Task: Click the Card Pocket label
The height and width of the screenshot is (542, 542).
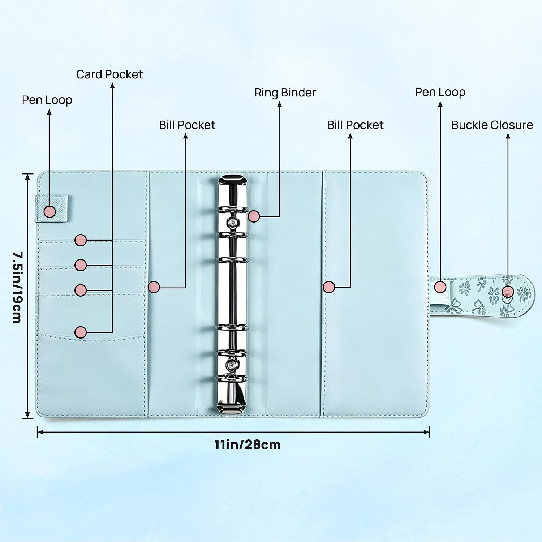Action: pyautogui.click(x=109, y=74)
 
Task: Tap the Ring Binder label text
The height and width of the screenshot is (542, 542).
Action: pyautogui.click(x=285, y=93)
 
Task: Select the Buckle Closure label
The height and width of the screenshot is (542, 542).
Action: pyautogui.click(x=492, y=125)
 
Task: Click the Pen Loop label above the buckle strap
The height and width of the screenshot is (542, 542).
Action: pyautogui.click(x=440, y=93)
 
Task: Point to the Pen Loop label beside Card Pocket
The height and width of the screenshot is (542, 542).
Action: pyautogui.click(x=47, y=100)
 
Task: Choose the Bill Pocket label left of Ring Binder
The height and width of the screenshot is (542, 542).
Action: pyautogui.click(x=187, y=125)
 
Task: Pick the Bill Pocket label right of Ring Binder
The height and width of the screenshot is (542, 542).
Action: pyautogui.click(x=355, y=125)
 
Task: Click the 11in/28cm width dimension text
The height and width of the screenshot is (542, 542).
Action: pyautogui.click(x=247, y=444)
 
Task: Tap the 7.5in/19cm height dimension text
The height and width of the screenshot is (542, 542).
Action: pyautogui.click(x=17, y=287)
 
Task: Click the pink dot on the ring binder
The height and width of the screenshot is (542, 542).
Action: pyautogui.click(x=254, y=216)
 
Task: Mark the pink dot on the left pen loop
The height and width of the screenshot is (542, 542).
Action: pyautogui.click(x=50, y=211)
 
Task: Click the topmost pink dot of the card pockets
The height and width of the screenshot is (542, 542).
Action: pyautogui.click(x=81, y=240)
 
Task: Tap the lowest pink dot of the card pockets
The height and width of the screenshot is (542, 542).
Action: pyautogui.click(x=81, y=332)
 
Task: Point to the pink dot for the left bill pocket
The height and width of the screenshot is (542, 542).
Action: pyautogui.click(x=154, y=287)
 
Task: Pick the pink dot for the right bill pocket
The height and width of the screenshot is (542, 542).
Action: pyautogui.click(x=329, y=287)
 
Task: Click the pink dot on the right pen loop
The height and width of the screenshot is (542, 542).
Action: pyautogui.click(x=440, y=287)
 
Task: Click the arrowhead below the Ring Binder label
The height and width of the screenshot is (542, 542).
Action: pyautogui.click(x=279, y=104)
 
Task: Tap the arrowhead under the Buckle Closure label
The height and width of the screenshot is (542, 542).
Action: pyautogui.click(x=508, y=136)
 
